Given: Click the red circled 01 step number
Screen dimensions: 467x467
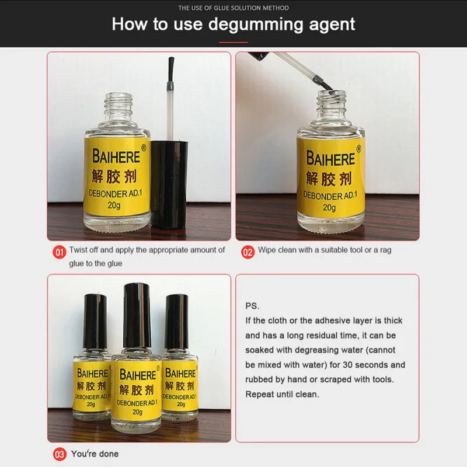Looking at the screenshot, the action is [60, 252].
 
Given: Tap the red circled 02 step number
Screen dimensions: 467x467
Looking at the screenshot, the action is [248, 252].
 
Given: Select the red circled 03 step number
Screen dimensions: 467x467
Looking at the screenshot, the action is [60, 454].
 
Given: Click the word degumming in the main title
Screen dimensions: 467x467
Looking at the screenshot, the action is [256, 25].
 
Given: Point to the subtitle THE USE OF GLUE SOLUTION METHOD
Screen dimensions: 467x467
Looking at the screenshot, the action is [233, 8].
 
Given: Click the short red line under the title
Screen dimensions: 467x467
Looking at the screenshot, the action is [233, 42].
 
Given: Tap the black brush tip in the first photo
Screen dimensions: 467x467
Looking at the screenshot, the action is [170, 69].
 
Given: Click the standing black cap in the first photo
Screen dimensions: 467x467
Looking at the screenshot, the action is [169, 184].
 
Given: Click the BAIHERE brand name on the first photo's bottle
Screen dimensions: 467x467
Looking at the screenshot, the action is [116, 156].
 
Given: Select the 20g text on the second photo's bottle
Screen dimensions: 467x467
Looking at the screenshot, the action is [329, 208].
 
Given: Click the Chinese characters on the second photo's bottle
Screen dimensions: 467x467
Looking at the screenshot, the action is [329, 179].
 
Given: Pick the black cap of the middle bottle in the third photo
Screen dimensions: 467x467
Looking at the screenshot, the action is [137, 316].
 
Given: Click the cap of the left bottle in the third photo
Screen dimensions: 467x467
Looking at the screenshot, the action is [95, 322].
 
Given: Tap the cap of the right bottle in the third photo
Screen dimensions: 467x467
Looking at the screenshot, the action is [177, 322].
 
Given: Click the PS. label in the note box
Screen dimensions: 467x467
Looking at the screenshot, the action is [252, 306].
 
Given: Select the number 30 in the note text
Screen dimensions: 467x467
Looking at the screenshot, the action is [348, 365].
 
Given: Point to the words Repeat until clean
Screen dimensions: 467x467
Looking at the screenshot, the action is [282, 395].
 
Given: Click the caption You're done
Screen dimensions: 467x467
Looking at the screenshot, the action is [95, 454].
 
